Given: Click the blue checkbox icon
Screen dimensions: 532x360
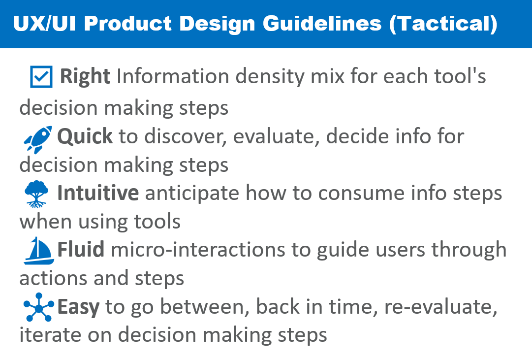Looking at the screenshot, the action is (41, 77).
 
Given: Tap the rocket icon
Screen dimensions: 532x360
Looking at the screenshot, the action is (38, 139).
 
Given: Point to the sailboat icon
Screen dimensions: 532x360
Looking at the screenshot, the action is (39, 251).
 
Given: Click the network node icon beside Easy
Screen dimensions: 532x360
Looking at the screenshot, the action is (39, 307).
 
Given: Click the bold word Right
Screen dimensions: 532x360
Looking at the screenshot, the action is (85, 76).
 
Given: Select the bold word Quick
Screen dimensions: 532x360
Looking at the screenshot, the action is (85, 137).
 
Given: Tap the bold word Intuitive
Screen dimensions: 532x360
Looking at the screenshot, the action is (98, 193).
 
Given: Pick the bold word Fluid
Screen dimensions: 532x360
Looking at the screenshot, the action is (81, 249).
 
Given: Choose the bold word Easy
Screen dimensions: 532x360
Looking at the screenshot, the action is (78, 307).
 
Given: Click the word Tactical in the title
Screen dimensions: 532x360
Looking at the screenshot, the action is (443, 24).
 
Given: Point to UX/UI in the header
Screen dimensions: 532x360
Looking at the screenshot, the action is (44, 24).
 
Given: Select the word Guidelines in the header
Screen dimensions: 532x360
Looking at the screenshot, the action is (322, 24).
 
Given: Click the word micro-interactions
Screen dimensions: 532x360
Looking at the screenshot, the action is (198, 250).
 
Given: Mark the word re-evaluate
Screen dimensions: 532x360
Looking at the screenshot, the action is (441, 307).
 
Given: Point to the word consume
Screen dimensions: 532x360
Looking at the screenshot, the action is (361, 194).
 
